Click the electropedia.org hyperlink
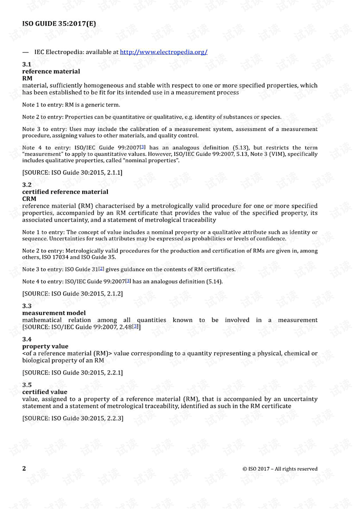click(163, 52)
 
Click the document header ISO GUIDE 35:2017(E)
click(59, 24)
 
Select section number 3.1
click(27, 65)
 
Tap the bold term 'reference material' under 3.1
click(51, 71)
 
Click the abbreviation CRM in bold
click(29, 199)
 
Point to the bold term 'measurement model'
click(54, 313)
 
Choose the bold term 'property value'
click(45, 346)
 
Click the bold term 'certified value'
click(45, 392)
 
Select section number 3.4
click(27, 339)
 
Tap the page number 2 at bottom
click(24, 468)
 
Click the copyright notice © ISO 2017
click(280, 469)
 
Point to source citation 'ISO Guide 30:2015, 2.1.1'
click(72, 173)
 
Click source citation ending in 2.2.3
click(73, 418)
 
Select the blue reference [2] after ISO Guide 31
click(101, 269)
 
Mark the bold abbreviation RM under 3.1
click(27, 78)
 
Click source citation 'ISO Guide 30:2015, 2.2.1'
click(72, 372)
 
